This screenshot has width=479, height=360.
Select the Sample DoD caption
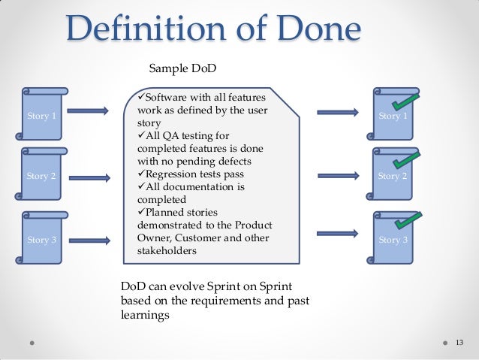183,69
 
